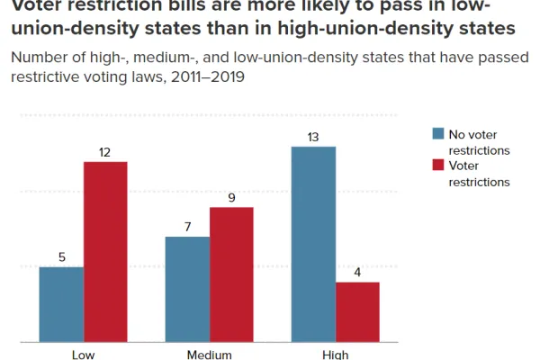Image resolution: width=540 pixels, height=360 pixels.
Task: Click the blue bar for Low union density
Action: [x=61, y=304]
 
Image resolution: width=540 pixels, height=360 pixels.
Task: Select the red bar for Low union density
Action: [x=105, y=252]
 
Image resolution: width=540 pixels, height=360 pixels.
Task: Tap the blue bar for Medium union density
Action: [x=187, y=289]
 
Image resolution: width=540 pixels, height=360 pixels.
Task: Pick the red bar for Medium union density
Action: [x=231, y=274]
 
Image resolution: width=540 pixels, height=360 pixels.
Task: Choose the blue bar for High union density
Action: [x=313, y=244]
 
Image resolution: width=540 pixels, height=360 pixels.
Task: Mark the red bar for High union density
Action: [x=357, y=311]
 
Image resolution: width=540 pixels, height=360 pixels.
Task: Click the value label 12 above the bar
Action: [x=104, y=152]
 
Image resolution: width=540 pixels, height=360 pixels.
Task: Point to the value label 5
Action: [x=61, y=257]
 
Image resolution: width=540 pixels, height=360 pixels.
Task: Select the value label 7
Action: [x=187, y=227]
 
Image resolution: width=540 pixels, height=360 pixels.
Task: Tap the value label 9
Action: [x=231, y=197]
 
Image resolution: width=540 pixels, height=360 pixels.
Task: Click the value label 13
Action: [x=313, y=137]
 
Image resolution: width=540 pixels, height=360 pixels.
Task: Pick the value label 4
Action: [x=357, y=272]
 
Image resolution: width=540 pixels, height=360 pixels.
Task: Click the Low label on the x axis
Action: [x=83, y=354]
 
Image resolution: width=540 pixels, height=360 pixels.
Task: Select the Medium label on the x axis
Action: [x=209, y=354]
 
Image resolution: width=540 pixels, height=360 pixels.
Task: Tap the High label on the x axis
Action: [x=335, y=354]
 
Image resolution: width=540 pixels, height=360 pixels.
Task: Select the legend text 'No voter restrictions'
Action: [x=478, y=142]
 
